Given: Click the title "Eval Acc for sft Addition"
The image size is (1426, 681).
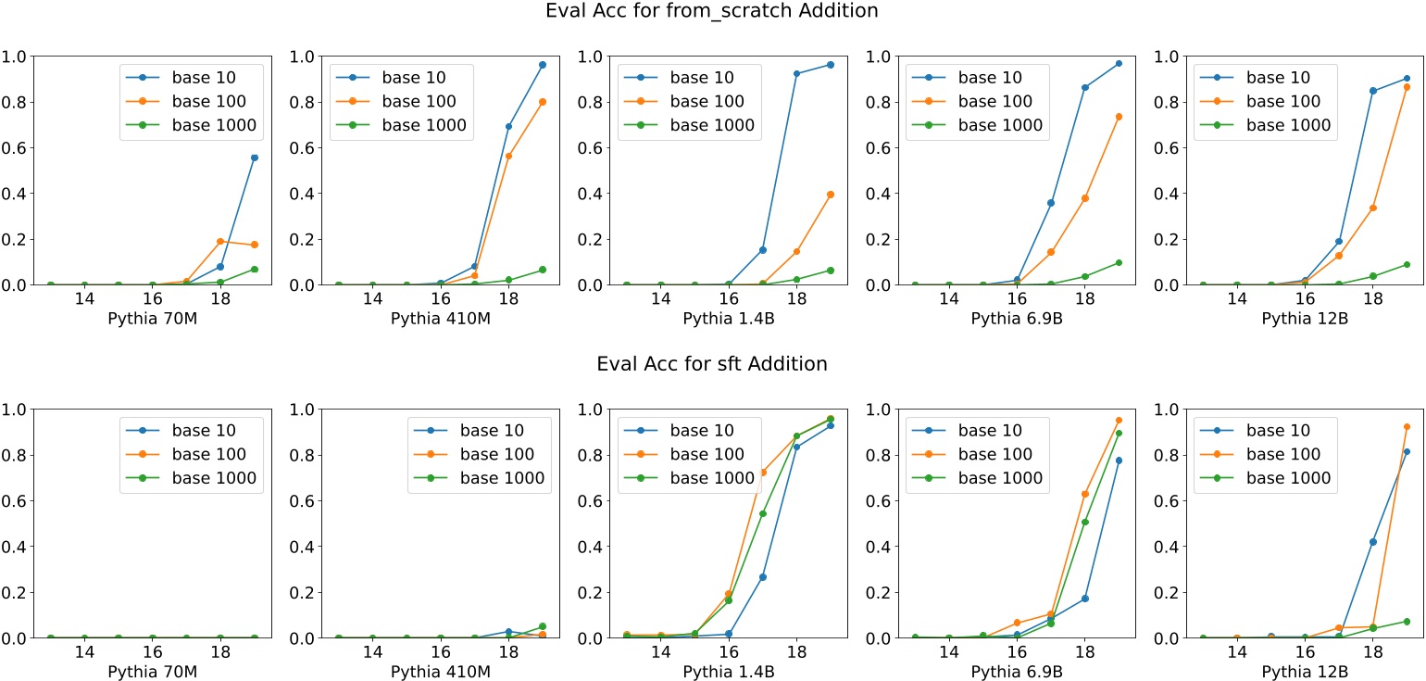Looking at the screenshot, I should (x=711, y=364).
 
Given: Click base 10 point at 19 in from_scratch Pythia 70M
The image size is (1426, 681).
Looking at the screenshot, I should (x=254, y=158).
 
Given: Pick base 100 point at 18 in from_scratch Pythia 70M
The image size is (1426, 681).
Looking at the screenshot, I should (x=220, y=242).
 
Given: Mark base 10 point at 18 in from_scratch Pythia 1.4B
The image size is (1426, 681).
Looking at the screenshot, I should (x=796, y=74).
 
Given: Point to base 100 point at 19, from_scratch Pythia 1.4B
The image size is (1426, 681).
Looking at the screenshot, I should (x=831, y=195).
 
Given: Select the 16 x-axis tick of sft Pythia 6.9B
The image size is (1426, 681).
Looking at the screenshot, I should (x=1017, y=652).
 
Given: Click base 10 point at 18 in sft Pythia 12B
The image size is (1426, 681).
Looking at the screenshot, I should (x=1373, y=542).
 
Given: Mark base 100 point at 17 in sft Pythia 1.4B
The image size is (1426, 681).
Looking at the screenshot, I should (x=763, y=473).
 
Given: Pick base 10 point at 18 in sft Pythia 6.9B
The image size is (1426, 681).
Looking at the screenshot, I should (x=1084, y=599).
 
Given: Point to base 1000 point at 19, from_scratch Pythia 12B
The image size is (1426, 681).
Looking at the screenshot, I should (x=1407, y=265).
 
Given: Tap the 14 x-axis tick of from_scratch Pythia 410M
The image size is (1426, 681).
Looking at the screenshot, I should (x=372, y=299).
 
